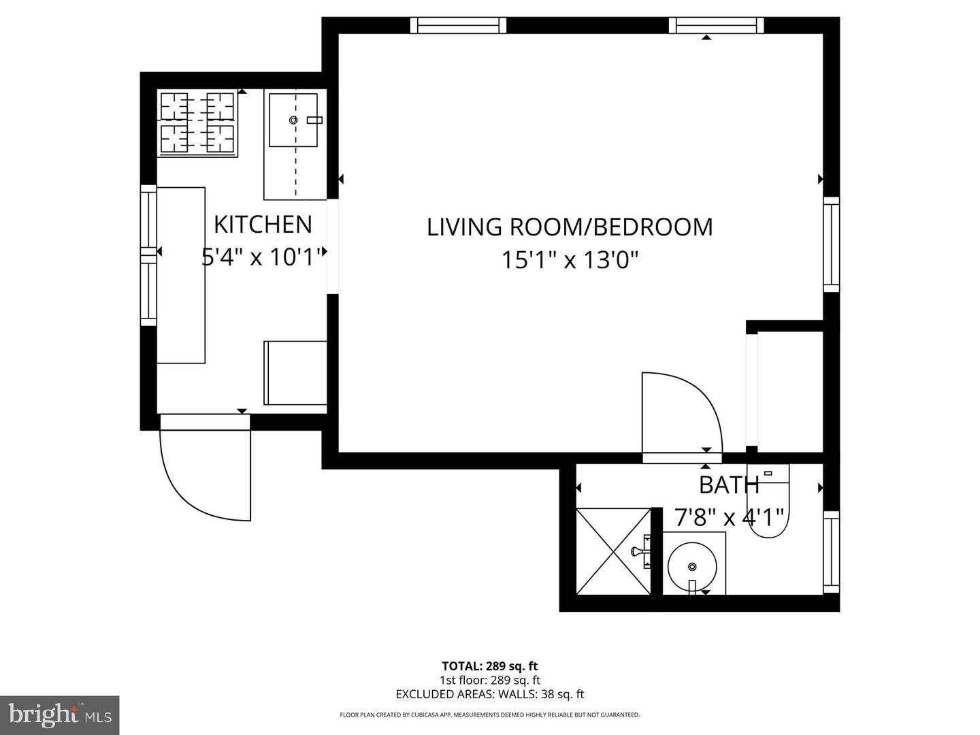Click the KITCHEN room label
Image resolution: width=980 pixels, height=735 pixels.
[263, 225]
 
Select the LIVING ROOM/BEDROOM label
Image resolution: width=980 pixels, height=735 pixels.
[570, 227]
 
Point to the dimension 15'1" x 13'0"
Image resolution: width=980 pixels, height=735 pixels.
[570, 260]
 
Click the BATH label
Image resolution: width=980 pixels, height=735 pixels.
[729, 485]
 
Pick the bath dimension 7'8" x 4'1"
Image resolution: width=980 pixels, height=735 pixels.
[729, 518]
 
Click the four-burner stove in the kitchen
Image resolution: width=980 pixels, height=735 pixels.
[197, 122]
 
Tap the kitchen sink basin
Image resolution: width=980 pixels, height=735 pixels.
[293, 120]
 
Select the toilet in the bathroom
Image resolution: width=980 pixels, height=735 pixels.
[768, 504]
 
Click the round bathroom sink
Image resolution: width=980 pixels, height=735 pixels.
[691, 566]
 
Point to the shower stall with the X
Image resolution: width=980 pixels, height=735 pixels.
[614, 551]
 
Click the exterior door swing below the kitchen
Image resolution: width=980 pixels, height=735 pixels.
[204, 473]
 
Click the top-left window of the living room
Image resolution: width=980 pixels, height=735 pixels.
[459, 25]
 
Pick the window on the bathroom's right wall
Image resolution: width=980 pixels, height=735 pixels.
[831, 551]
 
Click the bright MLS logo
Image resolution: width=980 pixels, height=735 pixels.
[60, 715]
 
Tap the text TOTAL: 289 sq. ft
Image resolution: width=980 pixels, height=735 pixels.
[490, 666]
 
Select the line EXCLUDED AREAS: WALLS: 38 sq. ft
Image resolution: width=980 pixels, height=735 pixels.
[490, 694]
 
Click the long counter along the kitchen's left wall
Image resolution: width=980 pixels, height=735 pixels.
[181, 275]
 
